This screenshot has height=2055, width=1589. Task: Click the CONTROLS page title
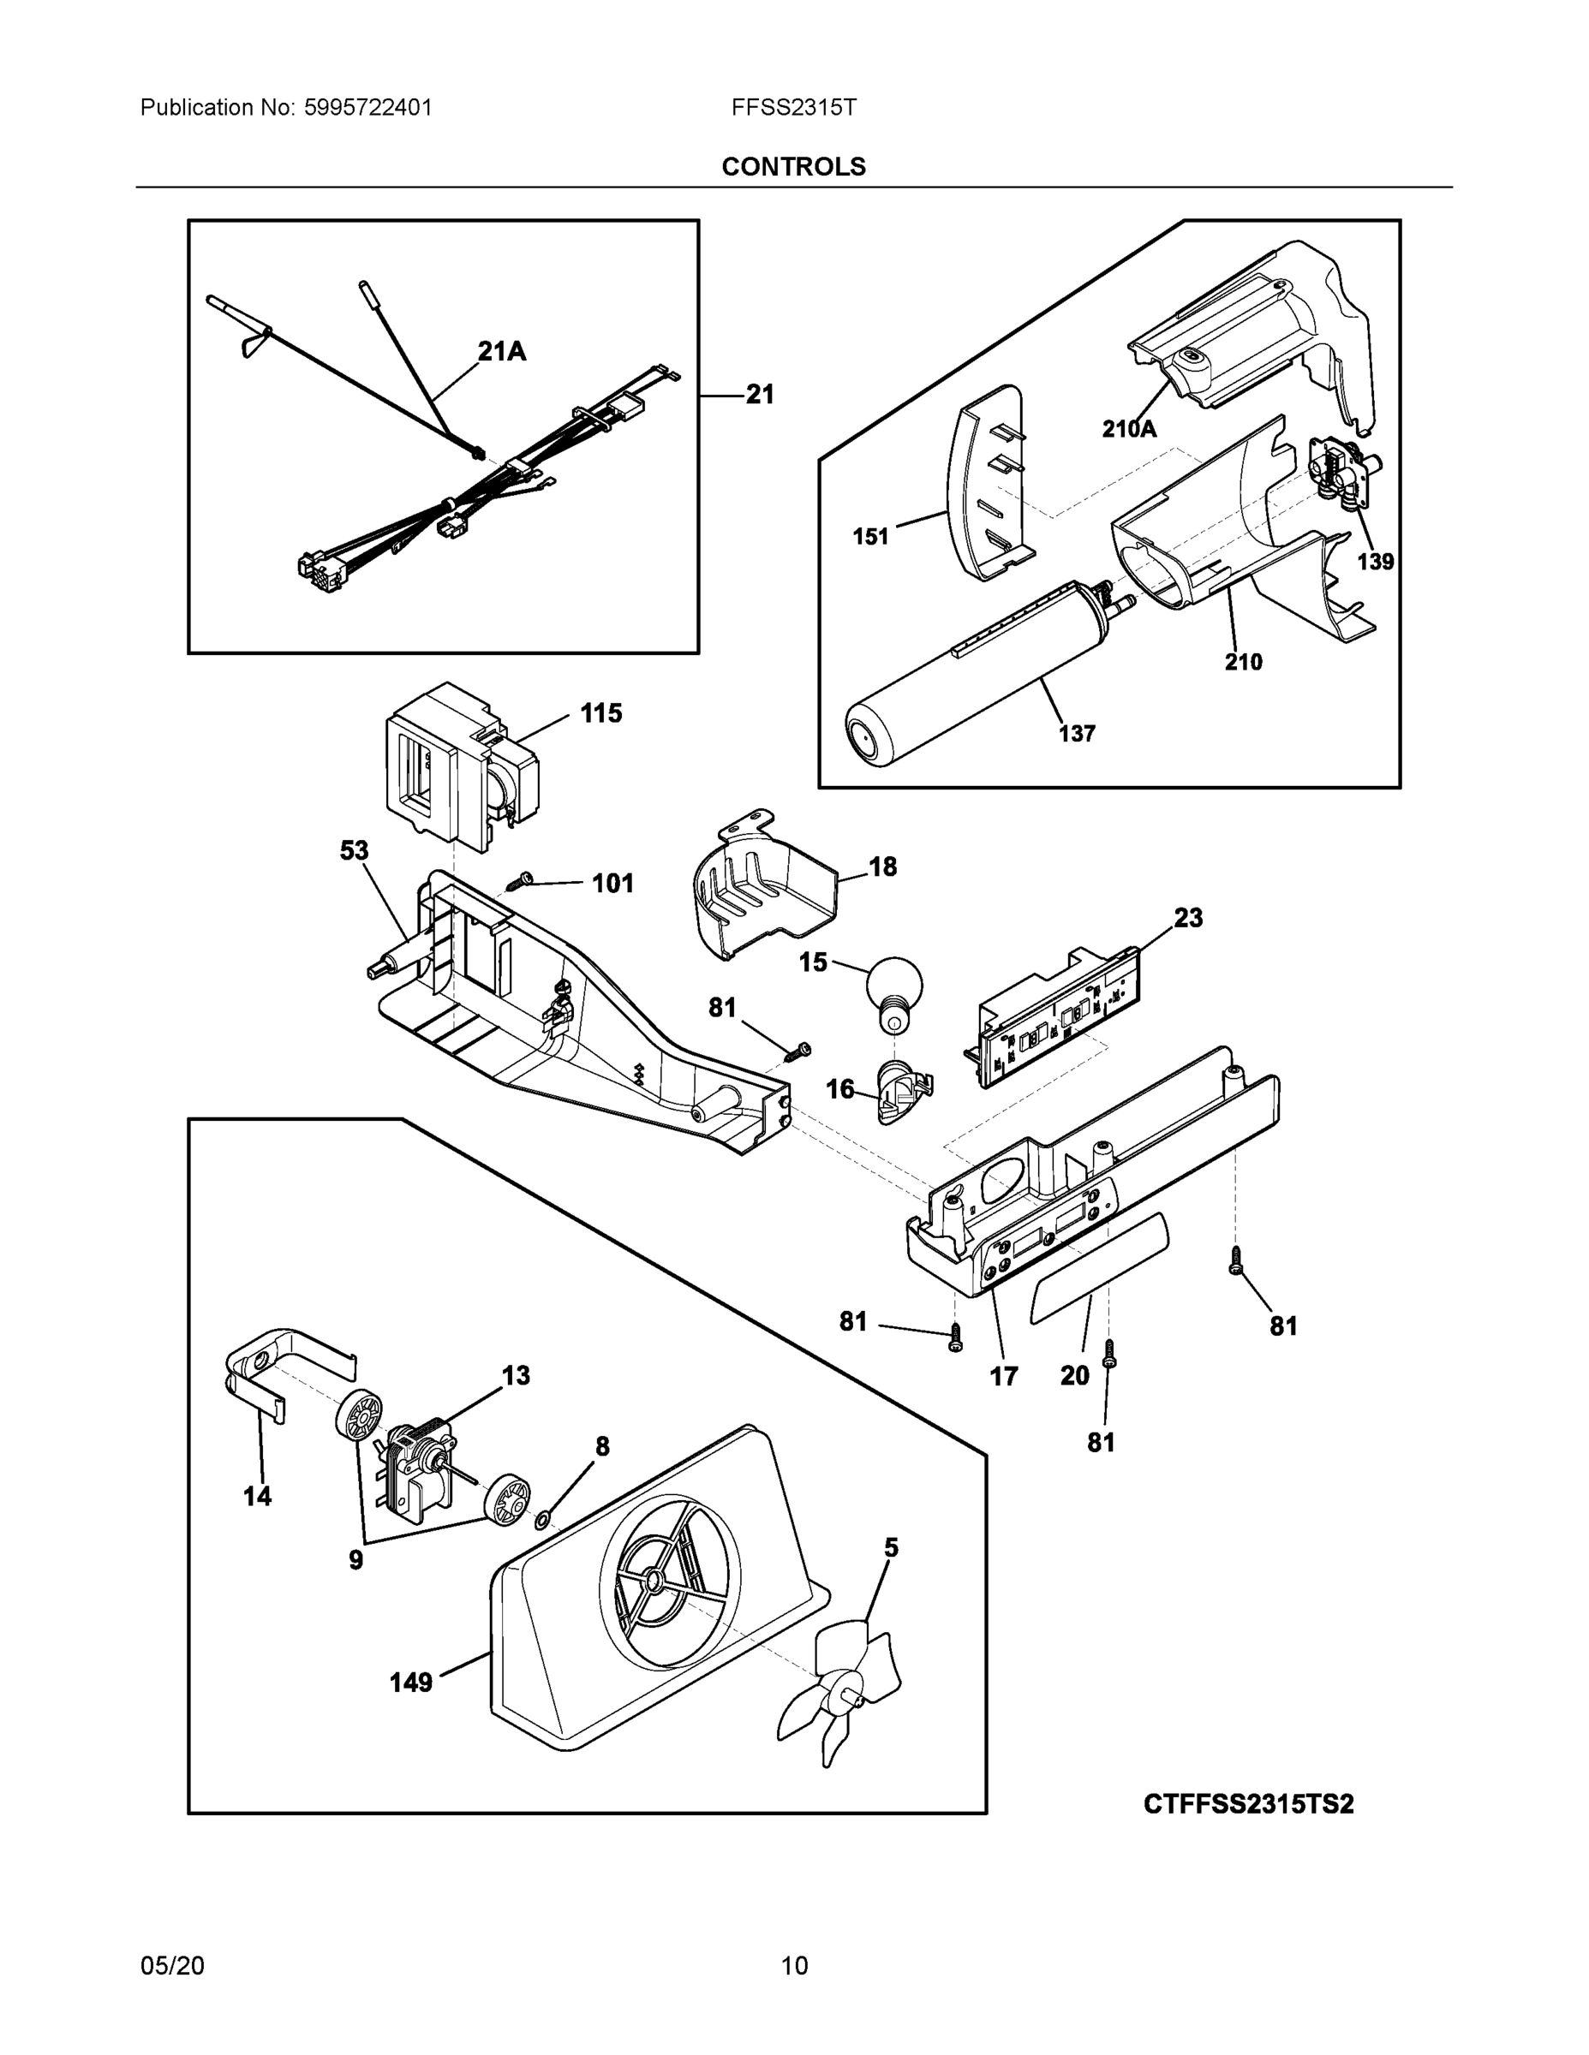[x=792, y=167]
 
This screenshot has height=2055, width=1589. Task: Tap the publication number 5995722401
[x=368, y=107]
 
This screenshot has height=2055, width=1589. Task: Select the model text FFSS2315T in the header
[x=793, y=107]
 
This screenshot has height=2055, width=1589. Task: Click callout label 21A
[x=501, y=352]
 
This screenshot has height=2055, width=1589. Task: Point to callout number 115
[x=600, y=713]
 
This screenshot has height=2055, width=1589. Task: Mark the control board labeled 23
[x=1054, y=1016]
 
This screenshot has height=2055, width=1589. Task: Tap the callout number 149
[x=411, y=1682]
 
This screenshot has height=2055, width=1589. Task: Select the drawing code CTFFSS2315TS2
[x=1248, y=1804]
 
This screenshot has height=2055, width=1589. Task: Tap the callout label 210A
[x=1129, y=429]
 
